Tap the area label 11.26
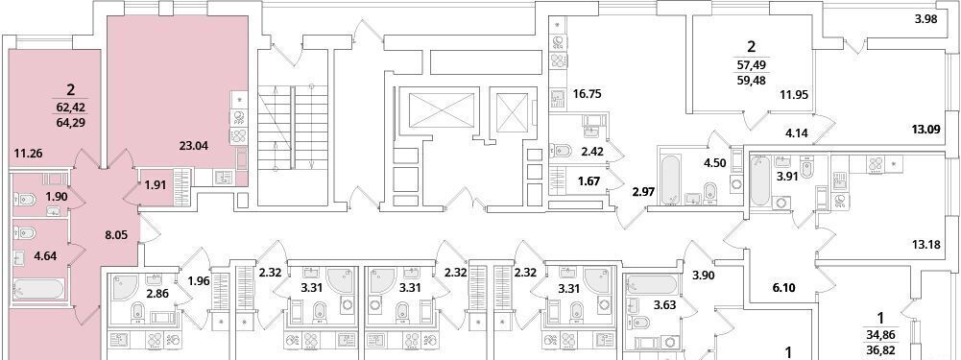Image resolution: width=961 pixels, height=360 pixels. coord(27,154)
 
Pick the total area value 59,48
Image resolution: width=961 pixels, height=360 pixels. coord(752,78)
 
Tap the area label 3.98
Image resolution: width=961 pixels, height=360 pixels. coord(926,20)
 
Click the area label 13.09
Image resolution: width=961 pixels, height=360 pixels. coord(926,129)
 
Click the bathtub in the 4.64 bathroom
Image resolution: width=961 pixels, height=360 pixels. coord(38,291)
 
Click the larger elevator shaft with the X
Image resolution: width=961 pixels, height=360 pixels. coord(437,111)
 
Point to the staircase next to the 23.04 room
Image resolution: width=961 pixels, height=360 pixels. coord(295,128)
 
